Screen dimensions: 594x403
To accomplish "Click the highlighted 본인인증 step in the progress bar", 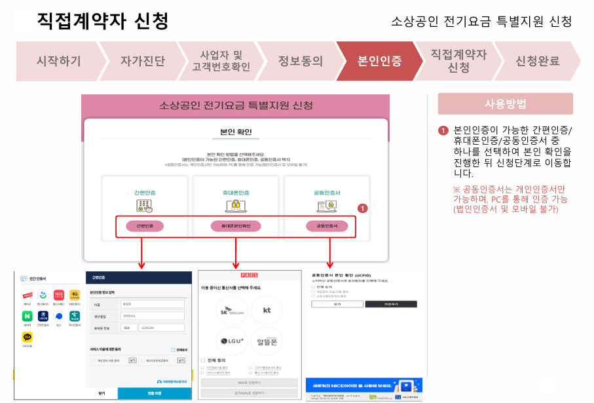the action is (380, 61).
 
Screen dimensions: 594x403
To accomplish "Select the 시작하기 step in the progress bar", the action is (59, 61).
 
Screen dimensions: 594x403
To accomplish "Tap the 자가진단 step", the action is (143, 61).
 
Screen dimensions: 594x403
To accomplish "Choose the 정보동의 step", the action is (300, 61).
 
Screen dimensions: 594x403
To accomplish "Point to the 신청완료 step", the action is (538, 61).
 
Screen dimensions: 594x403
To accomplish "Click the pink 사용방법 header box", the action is (505, 104).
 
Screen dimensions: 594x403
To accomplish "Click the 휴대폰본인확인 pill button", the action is (236, 226).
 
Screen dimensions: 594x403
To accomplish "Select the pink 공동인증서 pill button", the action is (327, 226).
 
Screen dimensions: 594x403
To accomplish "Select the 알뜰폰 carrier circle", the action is (267, 341).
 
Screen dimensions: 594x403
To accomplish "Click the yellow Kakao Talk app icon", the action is (27, 337).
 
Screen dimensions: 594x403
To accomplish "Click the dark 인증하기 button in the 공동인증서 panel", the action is (390, 304).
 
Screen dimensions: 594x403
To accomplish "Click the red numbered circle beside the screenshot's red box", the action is (363, 208).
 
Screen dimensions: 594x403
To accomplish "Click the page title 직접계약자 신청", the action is (103, 21).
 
